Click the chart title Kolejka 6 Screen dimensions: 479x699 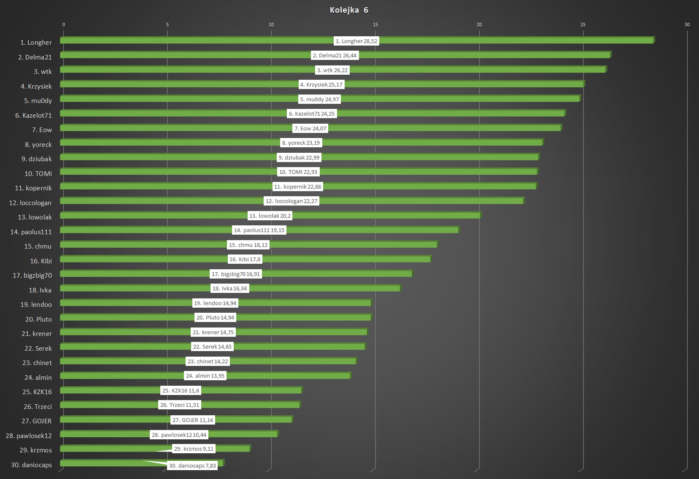point(349,10)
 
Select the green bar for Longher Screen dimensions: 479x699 point(506,40)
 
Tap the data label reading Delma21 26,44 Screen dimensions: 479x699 point(335,55)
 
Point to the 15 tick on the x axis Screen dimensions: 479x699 point(375,24)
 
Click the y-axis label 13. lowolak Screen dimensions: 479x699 point(35,217)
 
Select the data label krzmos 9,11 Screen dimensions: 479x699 point(194,449)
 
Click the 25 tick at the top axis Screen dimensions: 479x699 point(583,24)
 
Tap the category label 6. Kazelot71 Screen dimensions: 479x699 point(33,116)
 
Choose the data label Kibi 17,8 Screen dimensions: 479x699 point(245,259)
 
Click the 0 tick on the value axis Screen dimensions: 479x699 point(64,24)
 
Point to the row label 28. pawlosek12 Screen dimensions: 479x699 point(29,436)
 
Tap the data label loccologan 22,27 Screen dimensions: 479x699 point(291,201)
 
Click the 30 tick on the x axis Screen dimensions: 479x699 point(687,24)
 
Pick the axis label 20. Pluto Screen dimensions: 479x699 point(38,319)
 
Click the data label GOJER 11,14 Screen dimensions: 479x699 point(193,420)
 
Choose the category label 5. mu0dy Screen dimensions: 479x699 point(38,101)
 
